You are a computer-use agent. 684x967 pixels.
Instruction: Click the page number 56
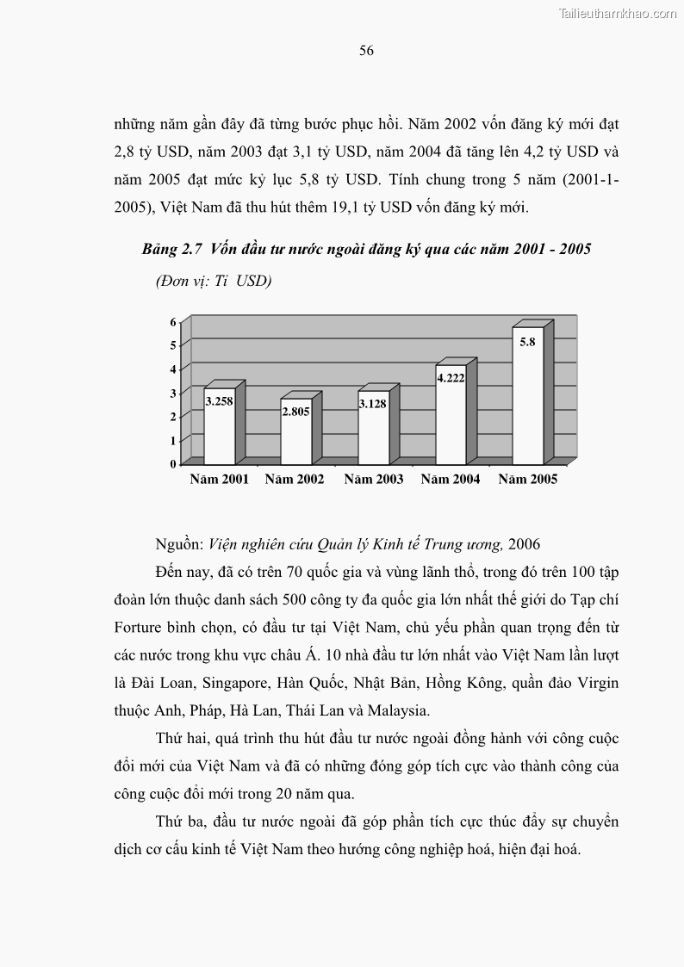366,51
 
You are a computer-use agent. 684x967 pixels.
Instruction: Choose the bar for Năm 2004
451,422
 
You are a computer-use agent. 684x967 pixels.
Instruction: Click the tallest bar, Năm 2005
527,405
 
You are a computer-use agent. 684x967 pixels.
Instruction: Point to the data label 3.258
219,400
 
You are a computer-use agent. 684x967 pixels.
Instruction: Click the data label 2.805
295,412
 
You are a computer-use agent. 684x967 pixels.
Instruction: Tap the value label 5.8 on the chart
527,341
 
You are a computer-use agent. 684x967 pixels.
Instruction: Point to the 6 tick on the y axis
173,322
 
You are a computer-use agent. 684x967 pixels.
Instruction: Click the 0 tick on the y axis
173,463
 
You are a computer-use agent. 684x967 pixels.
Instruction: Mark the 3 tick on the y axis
173,393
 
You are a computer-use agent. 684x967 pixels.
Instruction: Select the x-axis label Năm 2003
373,480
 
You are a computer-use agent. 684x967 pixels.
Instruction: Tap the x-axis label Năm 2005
527,480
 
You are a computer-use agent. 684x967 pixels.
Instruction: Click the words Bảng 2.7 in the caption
171,250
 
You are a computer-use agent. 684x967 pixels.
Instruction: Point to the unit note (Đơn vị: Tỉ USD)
214,281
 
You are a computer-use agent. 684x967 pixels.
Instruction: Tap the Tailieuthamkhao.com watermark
618,13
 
